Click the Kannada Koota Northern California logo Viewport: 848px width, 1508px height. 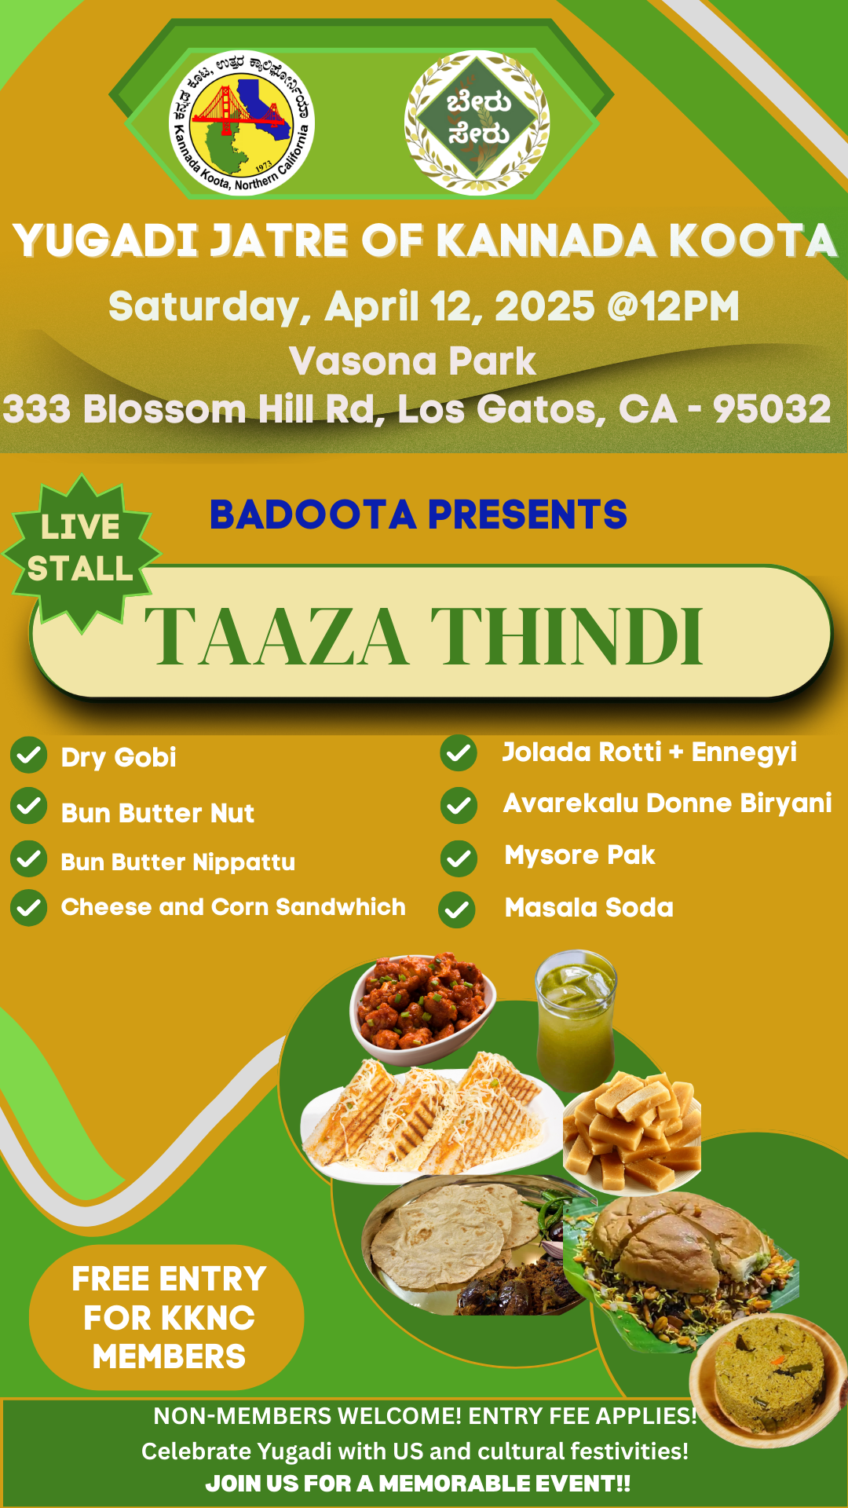click(x=242, y=123)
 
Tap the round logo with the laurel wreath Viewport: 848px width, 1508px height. click(x=477, y=123)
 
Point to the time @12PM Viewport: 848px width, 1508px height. click(x=673, y=306)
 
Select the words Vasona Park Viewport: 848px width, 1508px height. click(x=412, y=361)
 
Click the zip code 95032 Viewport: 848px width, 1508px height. click(x=772, y=408)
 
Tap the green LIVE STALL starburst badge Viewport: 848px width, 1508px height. click(x=81, y=552)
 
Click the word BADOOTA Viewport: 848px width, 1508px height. click(x=313, y=515)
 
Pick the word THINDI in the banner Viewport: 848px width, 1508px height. click(x=567, y=636)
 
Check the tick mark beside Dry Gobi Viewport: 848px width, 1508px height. click(x=29, y=756)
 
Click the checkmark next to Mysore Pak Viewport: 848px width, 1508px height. click(x=459, y=858)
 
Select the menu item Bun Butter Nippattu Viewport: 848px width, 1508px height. click(x=178, y=862)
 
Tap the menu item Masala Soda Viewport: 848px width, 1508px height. click(x=589, y=908)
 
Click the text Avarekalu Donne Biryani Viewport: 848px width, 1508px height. click(x=667, y=803)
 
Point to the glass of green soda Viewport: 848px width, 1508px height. click(x=576, y=1021)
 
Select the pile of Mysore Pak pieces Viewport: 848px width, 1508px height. click(x=632, y=1131)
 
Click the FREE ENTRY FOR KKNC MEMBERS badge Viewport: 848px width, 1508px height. click(x=166, y=1317)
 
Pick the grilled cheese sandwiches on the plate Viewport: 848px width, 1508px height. click(x=432, y=1115)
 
